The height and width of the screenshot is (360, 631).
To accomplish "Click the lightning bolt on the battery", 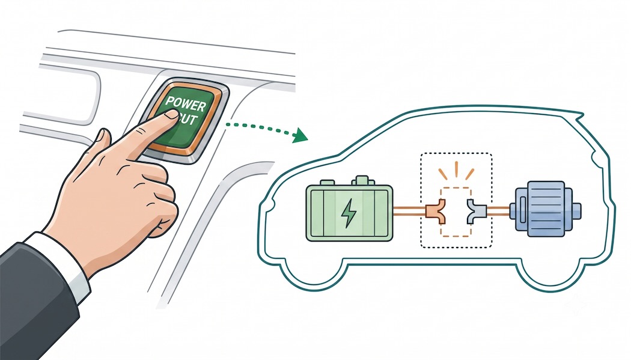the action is point(347,213).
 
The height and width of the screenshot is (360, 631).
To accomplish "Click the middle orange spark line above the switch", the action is point(456,169).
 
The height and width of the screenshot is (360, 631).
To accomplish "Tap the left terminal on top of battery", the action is point(327,182).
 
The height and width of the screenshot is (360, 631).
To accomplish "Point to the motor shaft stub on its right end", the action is point(577,210).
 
